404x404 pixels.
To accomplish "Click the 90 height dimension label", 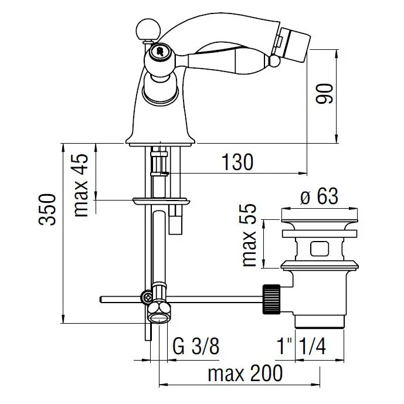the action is (x=325, y=93).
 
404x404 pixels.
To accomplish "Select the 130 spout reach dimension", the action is (x=237, y=162).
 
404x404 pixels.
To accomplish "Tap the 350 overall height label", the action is (x=47, y=210).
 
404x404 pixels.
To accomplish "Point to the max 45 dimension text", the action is (x=81, y=185).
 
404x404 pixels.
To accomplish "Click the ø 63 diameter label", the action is (x=319, y=196).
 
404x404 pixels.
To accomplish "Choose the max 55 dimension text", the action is (x=249, y=235).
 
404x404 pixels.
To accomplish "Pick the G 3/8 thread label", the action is (x=196, y=347).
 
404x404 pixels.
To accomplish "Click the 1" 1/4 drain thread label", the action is (x=301, y=347).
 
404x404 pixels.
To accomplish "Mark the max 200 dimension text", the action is (x=245, y=373).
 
